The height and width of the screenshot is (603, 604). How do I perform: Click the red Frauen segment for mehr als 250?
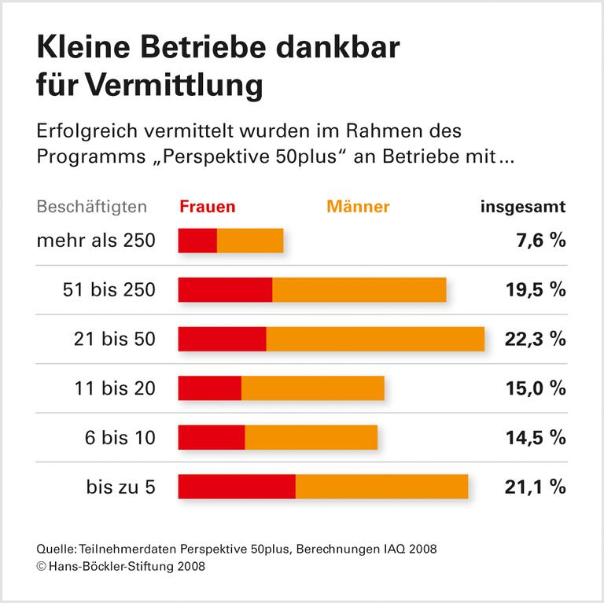tap(197, 241)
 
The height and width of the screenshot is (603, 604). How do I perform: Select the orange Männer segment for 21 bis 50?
tap(375, 339)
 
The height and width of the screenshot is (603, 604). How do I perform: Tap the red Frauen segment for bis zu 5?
tap(237, 487)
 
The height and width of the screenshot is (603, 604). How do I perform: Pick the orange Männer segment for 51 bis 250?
tap(359, 289)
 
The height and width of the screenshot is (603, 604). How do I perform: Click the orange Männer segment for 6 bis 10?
tap(311, 437)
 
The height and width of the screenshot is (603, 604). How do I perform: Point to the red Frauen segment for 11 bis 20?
tap(210, 388)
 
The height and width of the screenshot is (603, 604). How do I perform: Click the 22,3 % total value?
tap(535, 339)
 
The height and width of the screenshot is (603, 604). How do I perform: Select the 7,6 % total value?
tap(541, 241)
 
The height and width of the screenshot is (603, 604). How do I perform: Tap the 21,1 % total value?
tap(535, 487)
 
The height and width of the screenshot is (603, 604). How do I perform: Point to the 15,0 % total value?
tap(535, 388)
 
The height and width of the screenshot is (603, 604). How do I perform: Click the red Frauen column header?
tap(207, 208)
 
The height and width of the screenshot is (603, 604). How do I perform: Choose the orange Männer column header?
tap(358, 208)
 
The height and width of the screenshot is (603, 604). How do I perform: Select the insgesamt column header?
tap(523, 208)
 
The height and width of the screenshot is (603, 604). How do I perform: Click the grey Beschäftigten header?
tap(92, 208)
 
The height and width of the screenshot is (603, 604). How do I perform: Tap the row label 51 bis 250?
tap(109, 290)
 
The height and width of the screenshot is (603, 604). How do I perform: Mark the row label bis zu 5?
tap(120, 487)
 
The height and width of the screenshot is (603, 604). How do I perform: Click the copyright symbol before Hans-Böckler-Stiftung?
tap(42, 565)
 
